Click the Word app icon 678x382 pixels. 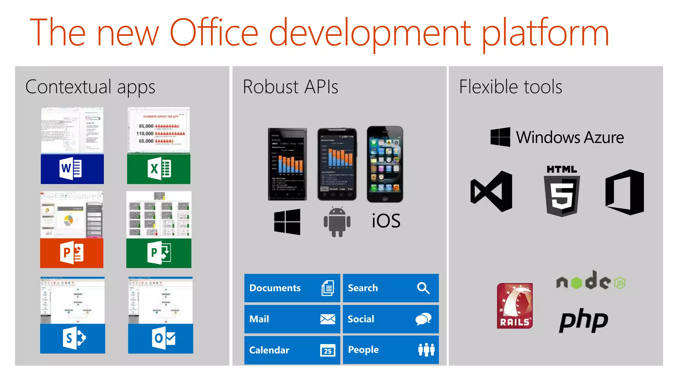(x=71, y=169)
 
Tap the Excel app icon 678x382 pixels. (x=159, y=169)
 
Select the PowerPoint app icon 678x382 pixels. (x=72, y=253)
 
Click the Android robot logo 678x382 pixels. (x=337, y=222)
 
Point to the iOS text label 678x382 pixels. (x=386, y=221)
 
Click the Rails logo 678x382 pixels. (x=514, y=306)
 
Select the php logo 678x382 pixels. (x=583, y=320)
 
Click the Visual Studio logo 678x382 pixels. (x=491, y=191)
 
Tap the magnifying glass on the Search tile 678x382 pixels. (x=423, y=288)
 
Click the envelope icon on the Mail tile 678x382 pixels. (x=328, y=319)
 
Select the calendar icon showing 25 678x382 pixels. (x=328, y=350)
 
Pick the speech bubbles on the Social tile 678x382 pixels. (x=423, y=319)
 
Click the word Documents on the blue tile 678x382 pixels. (x=275, y=288)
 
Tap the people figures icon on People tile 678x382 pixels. (x=426, y=350)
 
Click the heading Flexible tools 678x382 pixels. (x=510, y=87)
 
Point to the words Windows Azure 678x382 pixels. (x=570, y=137)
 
